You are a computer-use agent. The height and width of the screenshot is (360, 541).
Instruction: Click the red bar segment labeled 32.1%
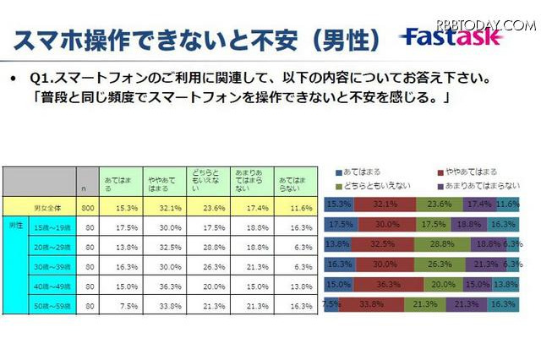coord(385,204)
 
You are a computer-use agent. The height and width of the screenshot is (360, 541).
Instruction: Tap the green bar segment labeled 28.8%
coord(440,243)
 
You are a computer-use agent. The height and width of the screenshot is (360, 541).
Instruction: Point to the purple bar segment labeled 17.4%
coord(480,204)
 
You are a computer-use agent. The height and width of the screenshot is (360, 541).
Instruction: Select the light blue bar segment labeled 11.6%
coord(508,204)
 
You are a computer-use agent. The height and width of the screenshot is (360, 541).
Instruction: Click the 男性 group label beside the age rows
coord(14,226)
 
